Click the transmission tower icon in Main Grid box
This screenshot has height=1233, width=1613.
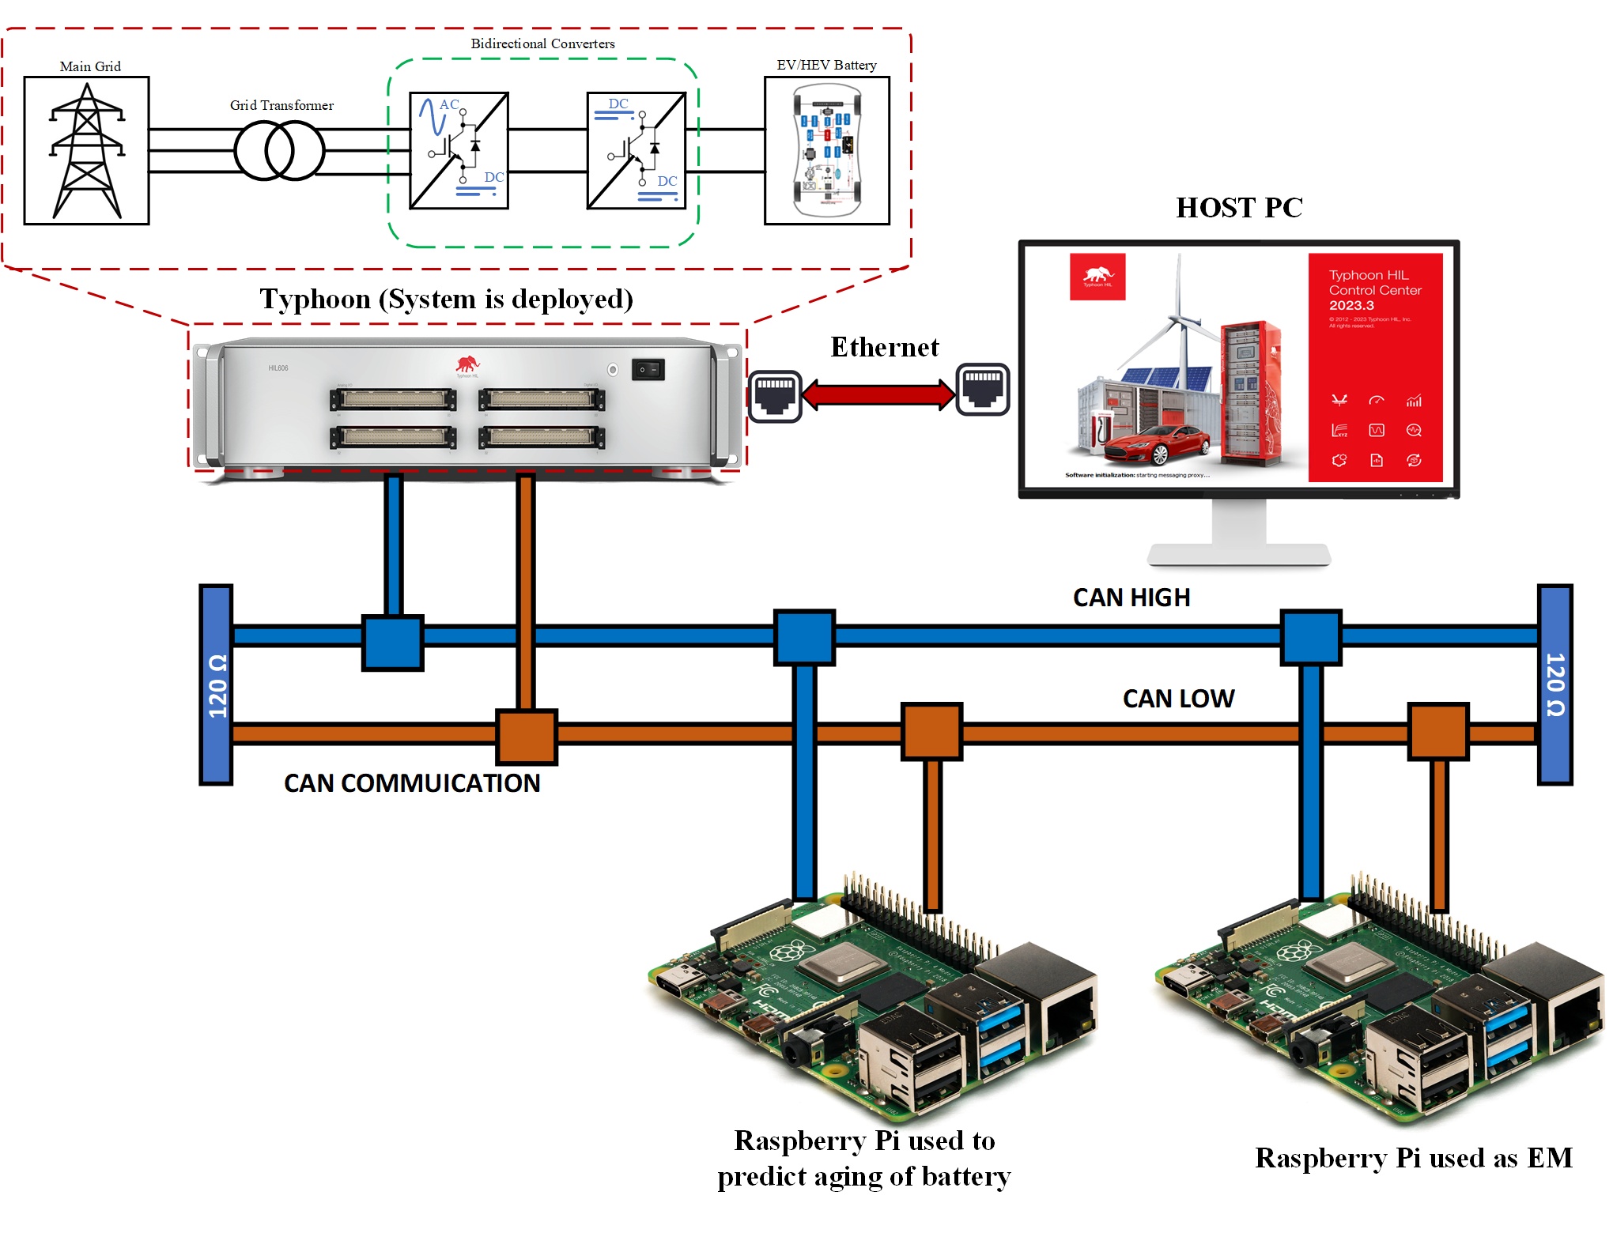pyautogui.click(x=87, y=151)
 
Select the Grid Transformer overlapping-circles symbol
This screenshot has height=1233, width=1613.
pyautogui.click(x=279, y=150)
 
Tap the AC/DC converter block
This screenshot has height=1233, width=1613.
pyautogui.click(x=459, y=150)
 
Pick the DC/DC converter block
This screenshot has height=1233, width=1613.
pyautogui.click(x=636, y=150)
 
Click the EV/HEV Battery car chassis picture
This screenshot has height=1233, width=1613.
pyautogui.click(x=827, y=151)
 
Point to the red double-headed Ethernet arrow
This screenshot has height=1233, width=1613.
pyautogui.click(x=879, y=394)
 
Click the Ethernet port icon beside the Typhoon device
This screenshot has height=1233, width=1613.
pyautogui.click(x=775, y=395)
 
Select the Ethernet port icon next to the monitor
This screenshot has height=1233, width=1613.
pyautogui.click(x=983, y=389)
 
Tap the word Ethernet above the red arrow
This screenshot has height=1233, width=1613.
pyautogui.click(x=884, y=347)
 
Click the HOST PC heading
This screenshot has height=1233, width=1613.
pyautogui.click(x=1238, y=208)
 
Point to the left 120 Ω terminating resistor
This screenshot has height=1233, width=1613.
pyautogui.click(x=216, y=684)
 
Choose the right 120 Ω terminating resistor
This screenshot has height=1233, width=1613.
pyautogui.click(x=1554, y=684)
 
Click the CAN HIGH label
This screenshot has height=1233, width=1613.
pyautogui.click(x=1131, y=598)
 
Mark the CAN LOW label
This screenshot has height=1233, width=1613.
pyautogui.click(x=1178, y=699)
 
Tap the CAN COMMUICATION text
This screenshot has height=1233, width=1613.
pyautogui.click(x=412, y=783)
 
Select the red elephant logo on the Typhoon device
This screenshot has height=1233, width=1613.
pyautogui.click(x=467, y=364)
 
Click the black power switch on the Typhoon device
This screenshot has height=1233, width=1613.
pyautogui.click(x=648, y=369)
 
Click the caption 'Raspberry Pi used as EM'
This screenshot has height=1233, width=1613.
pyautogui.click(x=1413, y=1158)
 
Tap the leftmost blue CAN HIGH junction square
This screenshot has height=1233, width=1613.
pyautogui.click(x=393, y=643)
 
